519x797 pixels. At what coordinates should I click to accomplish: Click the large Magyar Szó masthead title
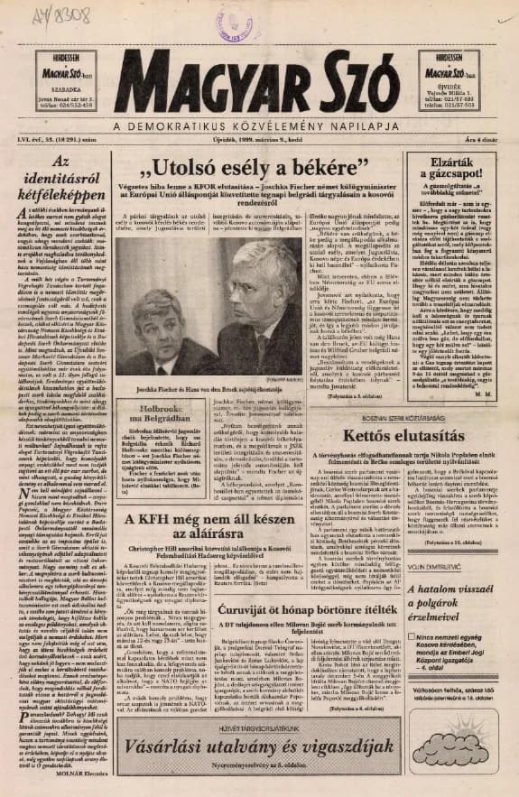259,85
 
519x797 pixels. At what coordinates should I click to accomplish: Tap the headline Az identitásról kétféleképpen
60,177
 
